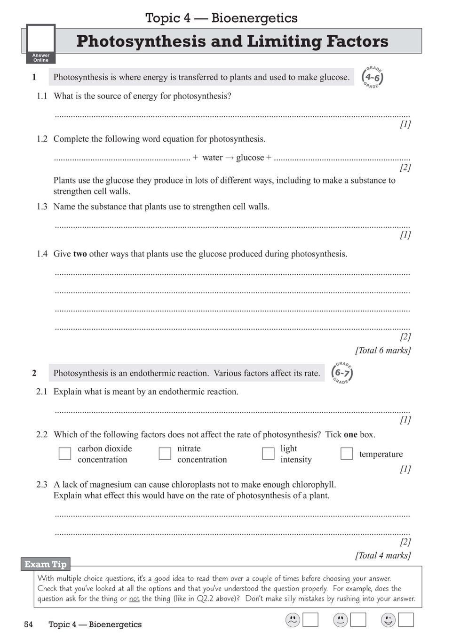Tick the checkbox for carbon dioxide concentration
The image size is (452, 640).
coord(65,454)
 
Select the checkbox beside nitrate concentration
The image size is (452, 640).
coord(165,454)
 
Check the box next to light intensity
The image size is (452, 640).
coord(268,454)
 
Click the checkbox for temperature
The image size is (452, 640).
coord(347,454)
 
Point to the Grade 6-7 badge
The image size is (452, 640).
coord(342,373)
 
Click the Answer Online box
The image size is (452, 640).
coord(41,44)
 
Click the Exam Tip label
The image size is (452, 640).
coord(46,564)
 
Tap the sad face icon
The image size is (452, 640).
coord(293,620)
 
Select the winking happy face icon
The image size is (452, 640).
coord(388,620)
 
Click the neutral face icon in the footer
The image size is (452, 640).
coord(340,620)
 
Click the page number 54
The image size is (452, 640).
coord(28,624)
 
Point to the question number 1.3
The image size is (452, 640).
coord(42,207)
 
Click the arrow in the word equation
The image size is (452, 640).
coord(229,158)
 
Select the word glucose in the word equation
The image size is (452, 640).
coord(250,158)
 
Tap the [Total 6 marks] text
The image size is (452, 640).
coord(383,350)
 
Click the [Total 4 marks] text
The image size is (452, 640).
coord(383,555)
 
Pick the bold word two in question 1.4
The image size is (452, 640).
coord(80,254)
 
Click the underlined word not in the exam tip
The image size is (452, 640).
coord(135,599)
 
